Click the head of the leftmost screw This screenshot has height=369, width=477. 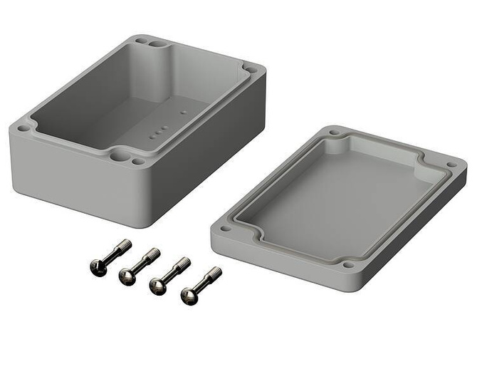point(98,267)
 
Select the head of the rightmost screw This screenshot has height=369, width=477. point(189,296)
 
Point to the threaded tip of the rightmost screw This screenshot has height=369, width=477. point(216,272)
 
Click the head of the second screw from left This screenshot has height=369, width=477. point(127,276)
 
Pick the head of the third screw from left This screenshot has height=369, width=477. point(158,286)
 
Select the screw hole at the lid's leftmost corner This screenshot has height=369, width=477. point(226,229)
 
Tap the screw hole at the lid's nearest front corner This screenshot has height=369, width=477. point(347,264)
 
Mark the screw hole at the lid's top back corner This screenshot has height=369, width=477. point(334,132)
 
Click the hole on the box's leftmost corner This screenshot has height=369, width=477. point(23,129)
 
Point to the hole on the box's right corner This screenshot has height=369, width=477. point(251,70)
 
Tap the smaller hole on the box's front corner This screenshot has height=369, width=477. point(138,162)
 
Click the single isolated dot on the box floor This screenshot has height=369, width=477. point(183,112)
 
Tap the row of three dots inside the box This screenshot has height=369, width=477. point(159,131)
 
